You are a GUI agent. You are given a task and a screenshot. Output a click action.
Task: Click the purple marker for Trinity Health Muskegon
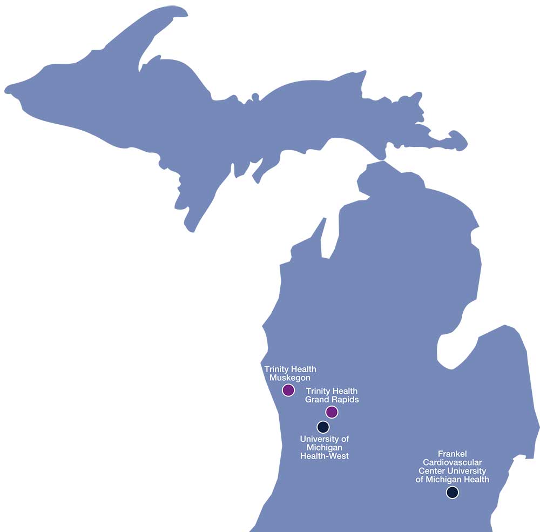point(288,389)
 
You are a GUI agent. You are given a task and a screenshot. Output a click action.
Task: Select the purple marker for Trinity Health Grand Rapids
point(332,412)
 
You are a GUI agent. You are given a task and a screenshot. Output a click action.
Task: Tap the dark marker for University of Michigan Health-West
point(323,427)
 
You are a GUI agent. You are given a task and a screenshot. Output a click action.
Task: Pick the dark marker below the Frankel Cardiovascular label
point(452,492)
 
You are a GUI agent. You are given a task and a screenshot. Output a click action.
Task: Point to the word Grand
point(317,400)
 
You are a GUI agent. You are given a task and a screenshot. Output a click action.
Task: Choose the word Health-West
point(325,456)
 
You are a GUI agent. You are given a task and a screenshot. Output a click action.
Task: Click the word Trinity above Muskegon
point(277,369)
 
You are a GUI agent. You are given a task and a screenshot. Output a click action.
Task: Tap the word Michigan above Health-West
point(325,448)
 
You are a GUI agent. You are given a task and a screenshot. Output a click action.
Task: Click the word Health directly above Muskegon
point(304,369)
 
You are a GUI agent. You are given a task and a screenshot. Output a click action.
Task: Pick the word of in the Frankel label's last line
point(420,479)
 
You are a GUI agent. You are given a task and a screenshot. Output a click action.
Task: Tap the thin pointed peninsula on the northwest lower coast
point(322,232)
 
